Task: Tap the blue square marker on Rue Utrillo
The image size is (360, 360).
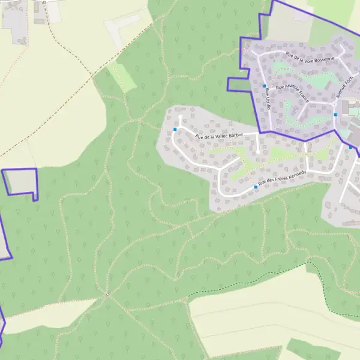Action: click(264, 86)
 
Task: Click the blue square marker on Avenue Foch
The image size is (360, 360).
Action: click(335, 115)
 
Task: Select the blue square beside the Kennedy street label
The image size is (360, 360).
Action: click(256, 187)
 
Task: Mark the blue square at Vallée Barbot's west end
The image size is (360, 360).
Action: click(175, 129)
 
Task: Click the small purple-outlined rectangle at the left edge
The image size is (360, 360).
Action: click(22, 182)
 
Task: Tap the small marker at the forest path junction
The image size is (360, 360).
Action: click(107, 294)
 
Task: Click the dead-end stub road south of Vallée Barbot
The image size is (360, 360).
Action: click(258, 144)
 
